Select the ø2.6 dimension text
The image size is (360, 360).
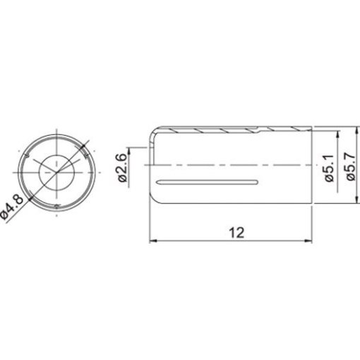click(122, 168)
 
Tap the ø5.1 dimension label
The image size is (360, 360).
click(329, 168)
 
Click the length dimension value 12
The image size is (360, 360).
click(237, 233)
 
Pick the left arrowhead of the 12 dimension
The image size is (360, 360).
click(153, 241)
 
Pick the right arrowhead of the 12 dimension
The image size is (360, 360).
click(308, 241)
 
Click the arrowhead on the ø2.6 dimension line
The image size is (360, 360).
click(129, 151)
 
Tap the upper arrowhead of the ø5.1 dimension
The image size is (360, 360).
click(338, 134)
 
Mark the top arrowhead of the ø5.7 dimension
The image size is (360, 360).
click(358, 130)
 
